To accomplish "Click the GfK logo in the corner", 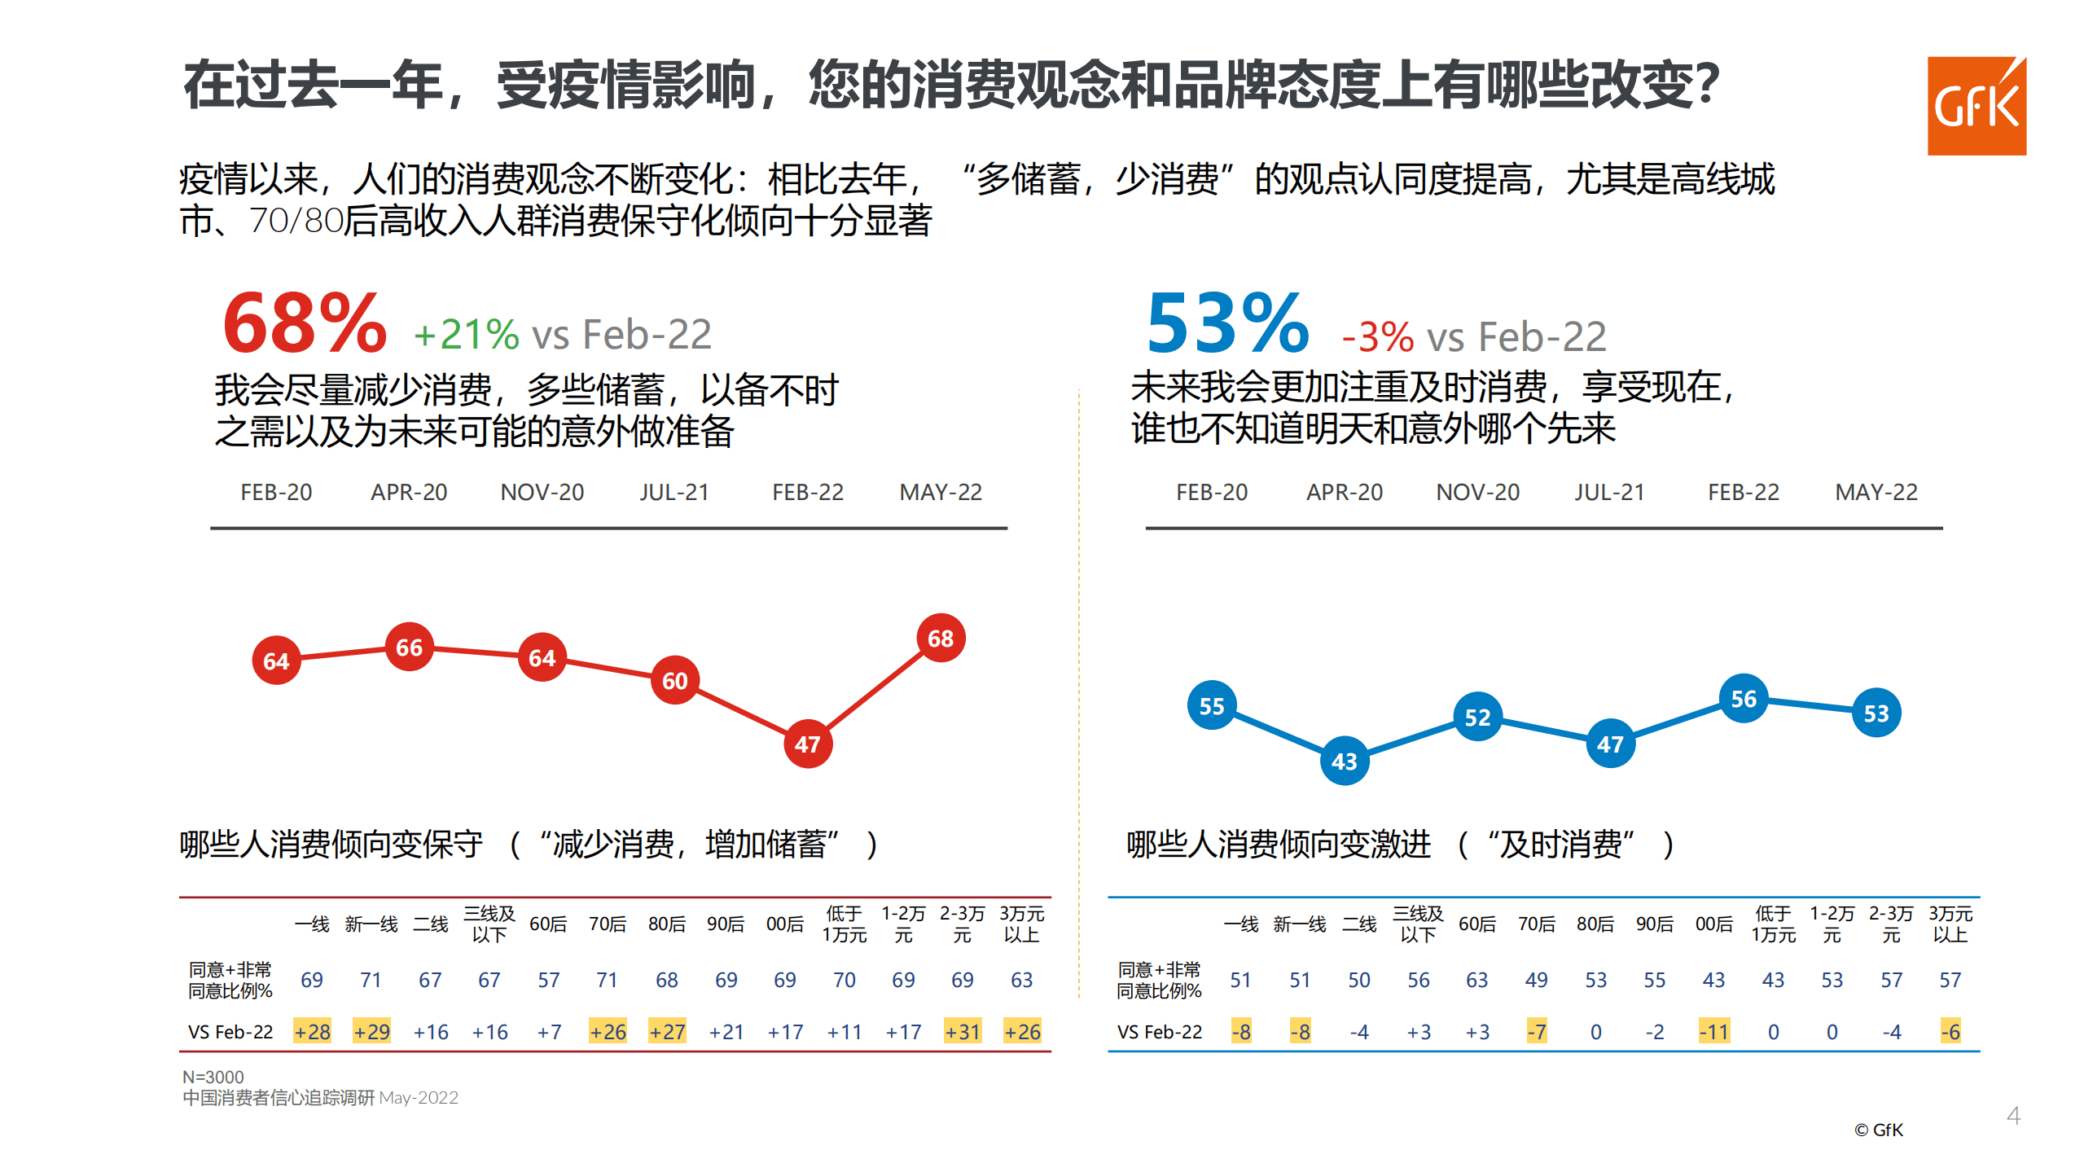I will coord(1976,106).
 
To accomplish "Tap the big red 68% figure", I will coord(305,325).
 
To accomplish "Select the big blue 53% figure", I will coord(1227,325).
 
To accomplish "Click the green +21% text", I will coord(466,335).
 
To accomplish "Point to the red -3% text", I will coord(1378,337).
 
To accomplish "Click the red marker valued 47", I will coord(807,744).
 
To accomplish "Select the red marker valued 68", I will coord(941,639).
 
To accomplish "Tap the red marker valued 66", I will coord(409,647).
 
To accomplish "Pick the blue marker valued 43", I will coord(1344,762).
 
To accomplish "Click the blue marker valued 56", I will coord(1743,699).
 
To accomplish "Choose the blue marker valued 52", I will coord(1477,718).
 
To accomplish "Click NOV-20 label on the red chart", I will coord(542,492).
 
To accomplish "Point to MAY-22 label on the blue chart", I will coord(1876,492).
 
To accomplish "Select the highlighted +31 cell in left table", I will coord(962,1032).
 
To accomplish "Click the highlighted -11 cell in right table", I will coord(1713,1032).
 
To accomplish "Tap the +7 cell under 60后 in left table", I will coord(549,1032).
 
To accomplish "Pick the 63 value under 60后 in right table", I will coord(1476,980).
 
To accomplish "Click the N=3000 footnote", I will coord(213,1077).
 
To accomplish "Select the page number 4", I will coord(2013,1116).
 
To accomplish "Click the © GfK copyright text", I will coord(1878,1130).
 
